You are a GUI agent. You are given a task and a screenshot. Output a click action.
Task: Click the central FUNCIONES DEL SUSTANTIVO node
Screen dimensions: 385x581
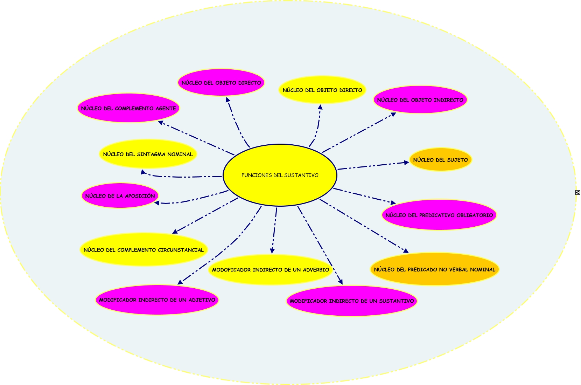[280, 175]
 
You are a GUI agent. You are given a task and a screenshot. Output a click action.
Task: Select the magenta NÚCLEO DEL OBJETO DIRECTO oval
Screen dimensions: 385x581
[221, 83]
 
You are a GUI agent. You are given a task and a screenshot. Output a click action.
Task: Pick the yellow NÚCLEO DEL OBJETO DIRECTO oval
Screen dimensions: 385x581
[322, 90]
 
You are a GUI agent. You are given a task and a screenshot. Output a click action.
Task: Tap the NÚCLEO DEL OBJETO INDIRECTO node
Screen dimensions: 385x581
[420, 100]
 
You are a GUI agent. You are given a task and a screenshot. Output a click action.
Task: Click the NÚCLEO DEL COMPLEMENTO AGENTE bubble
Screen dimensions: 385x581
[128, 108]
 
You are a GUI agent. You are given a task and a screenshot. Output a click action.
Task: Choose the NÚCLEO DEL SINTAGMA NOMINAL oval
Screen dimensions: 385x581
[148, 154]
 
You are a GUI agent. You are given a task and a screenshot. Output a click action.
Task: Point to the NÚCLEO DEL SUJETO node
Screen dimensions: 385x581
[440, 160]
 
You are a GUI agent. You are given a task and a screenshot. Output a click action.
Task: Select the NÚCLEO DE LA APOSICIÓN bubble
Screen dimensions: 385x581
[120, 196]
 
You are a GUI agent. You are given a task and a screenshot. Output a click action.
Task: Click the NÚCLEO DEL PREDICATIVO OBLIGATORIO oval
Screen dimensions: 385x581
[439, 215]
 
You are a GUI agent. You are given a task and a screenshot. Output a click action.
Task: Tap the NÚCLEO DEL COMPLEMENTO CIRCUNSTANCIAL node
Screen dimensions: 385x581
[143, 250]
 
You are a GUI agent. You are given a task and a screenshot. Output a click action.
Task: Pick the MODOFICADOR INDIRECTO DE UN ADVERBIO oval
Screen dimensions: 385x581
[270, 270]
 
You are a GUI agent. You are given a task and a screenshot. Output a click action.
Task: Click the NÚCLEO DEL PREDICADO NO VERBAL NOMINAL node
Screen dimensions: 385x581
[434, 269]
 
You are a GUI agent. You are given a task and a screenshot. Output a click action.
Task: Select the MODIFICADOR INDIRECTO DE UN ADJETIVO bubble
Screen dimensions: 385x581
[157, 300]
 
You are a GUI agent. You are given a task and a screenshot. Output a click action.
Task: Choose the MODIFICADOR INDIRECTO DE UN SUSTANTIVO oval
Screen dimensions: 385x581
[352, 301]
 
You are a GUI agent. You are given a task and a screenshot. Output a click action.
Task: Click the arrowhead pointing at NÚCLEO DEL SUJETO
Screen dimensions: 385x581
[406, 162]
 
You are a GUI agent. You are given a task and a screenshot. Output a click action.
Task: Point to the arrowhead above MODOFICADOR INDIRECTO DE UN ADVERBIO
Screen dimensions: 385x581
[272, 250]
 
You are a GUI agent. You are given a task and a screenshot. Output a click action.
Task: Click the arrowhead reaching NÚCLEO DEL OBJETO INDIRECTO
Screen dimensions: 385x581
[393, 114]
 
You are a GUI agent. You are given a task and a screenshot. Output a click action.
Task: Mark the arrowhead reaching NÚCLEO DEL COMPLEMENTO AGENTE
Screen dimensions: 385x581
[160, 123]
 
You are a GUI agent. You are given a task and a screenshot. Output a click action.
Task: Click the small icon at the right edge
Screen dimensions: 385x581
[577, 192]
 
